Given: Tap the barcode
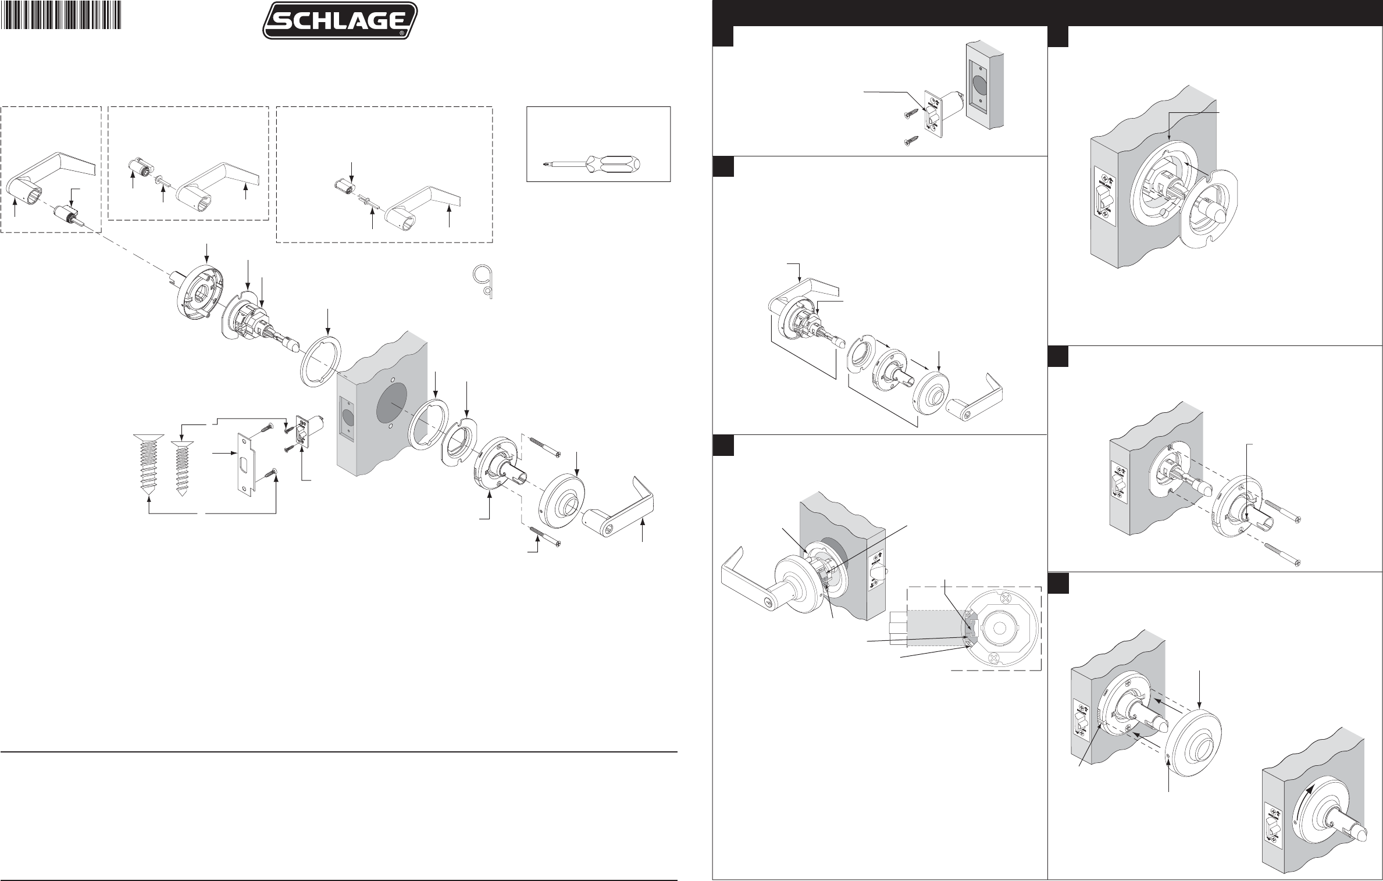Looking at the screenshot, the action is [62, 15].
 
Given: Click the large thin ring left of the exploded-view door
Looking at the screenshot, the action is [320, 365].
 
